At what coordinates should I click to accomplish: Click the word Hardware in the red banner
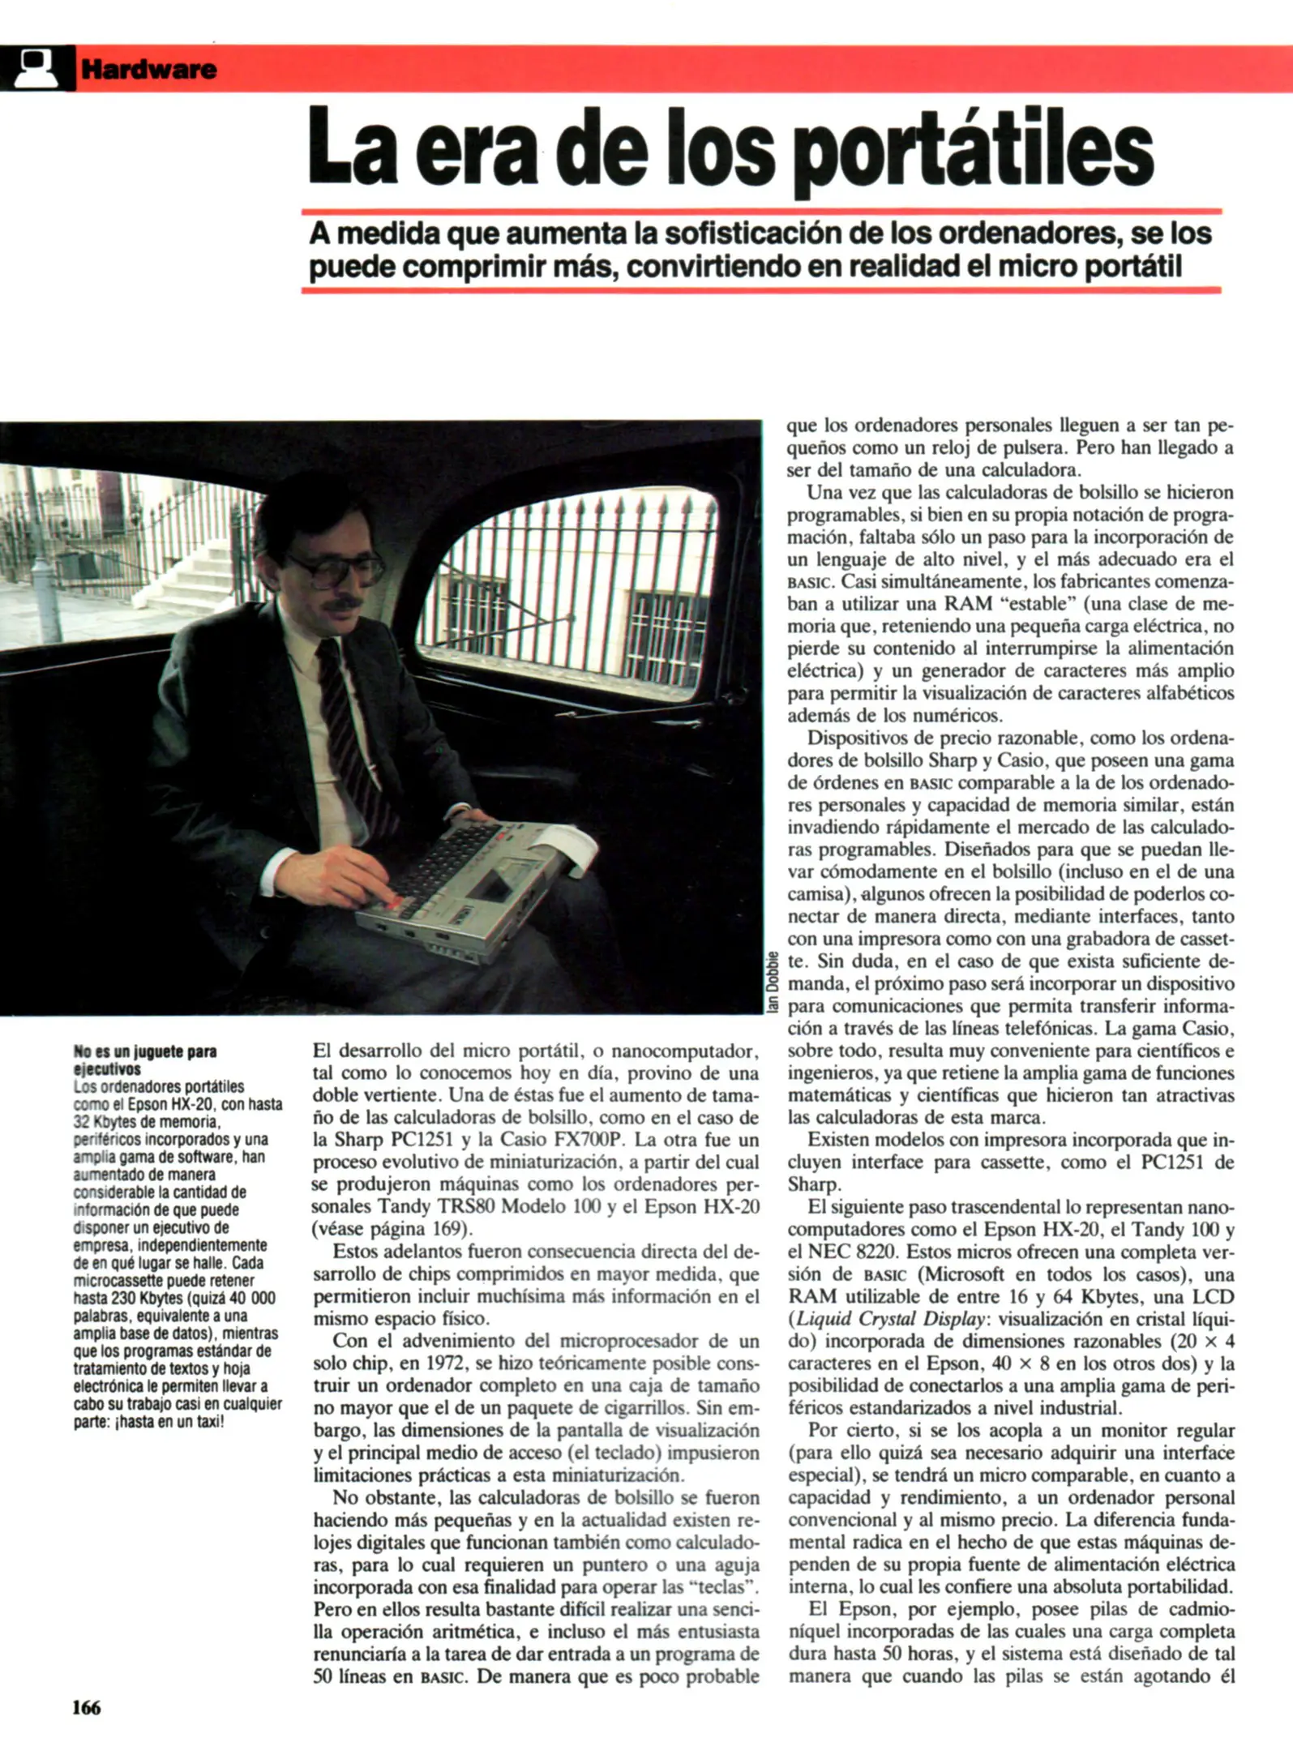148,70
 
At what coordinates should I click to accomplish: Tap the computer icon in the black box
37,68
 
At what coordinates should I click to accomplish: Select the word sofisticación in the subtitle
754,234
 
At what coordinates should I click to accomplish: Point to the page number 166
87,1707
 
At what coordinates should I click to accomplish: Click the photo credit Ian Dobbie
773,982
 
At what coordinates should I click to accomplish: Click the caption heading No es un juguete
144,1060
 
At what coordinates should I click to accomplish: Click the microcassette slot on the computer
490,888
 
